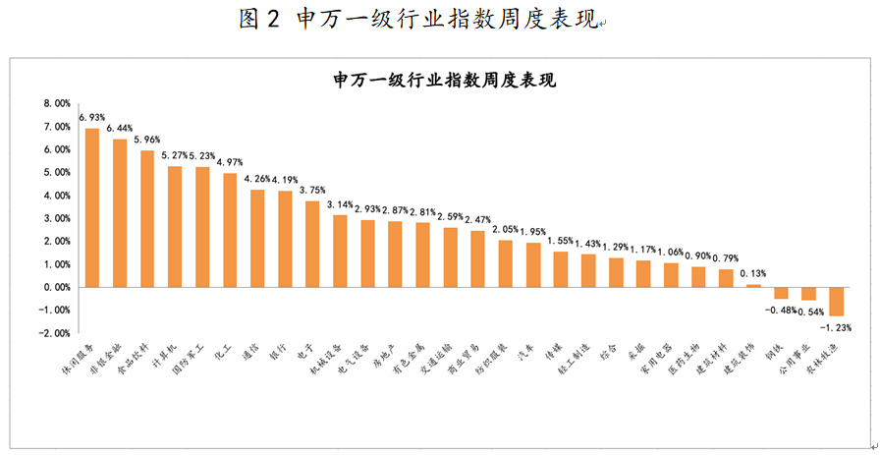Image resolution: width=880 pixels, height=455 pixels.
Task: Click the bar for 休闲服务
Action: (x=92, y=207)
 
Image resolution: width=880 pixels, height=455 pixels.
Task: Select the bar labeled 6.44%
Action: (x=120, y=213)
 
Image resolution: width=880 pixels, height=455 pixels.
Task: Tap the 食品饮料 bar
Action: (x=147, y=218)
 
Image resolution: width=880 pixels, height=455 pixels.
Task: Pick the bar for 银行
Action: (x=285, y=239)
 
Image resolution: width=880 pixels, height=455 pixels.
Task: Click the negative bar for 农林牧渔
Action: (x=836, y=301)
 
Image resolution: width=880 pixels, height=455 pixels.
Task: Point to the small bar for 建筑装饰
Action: (x=753, y=285)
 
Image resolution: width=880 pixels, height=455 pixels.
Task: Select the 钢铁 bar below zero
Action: (x=781, y=293)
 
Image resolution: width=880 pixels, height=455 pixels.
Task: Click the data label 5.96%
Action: (x=146, y=140)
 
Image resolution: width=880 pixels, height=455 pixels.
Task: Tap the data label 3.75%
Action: (x=311, y=191)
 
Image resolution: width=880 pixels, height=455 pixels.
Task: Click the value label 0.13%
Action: (x=752, y=273)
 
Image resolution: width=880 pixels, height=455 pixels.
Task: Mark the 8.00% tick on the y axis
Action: (x=56, y=103)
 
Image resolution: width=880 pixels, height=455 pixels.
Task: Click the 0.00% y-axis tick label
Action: (x=56, y=287)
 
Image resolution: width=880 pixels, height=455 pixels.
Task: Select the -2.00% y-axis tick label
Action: (x=54, y=333)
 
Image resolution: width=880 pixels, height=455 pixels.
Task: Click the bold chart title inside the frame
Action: (x=445, y=80)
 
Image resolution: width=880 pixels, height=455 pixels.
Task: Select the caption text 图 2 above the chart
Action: (x=260, y=21)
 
